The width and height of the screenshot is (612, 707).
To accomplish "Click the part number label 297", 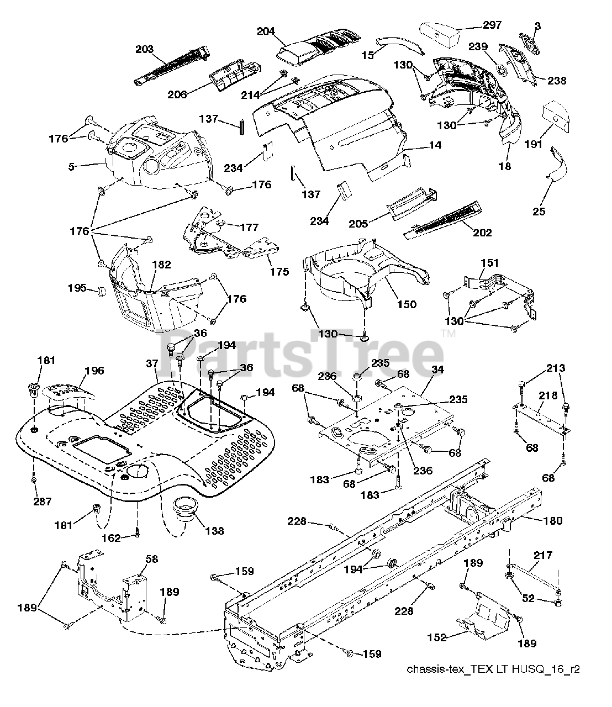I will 492,25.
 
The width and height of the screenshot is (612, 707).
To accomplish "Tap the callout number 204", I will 266,33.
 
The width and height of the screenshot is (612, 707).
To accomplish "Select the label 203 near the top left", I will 144,49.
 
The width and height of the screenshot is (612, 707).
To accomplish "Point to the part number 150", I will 407,304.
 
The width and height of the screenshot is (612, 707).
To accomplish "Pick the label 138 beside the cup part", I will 214,531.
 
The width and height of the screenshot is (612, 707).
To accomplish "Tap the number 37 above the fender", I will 152,363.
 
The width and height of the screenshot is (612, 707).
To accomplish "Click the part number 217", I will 543,555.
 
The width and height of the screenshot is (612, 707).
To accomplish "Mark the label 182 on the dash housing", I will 162,265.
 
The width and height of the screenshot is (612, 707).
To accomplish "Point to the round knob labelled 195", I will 101,292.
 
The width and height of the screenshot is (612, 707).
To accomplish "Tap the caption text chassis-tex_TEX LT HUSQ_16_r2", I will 493,670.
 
